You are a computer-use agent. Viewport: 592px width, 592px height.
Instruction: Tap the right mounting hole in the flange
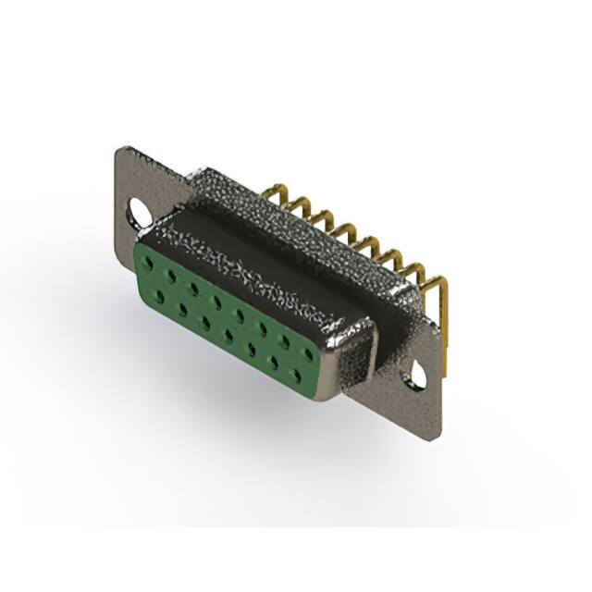click(x=418, y=376)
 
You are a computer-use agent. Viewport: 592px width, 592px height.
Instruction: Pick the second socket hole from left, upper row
click(x=170, y=275)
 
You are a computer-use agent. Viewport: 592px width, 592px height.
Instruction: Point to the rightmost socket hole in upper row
click(x=311, y=350)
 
